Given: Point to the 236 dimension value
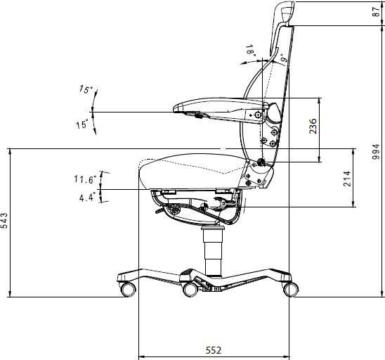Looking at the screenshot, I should click(313, 126).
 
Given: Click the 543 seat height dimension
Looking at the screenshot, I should click(6, 221).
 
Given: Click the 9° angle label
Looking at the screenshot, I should click(282, 58).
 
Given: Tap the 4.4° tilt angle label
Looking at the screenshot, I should click(87, 198).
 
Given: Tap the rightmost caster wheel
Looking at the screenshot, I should click(289, 288).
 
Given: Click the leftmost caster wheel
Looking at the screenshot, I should click(129, 288).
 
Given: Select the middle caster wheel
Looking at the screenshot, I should click(190, 289).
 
